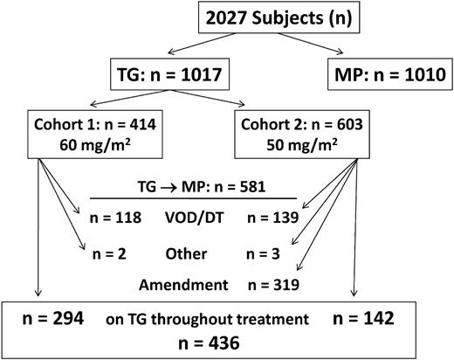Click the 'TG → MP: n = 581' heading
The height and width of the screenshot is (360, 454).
(x=194, y=186)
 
